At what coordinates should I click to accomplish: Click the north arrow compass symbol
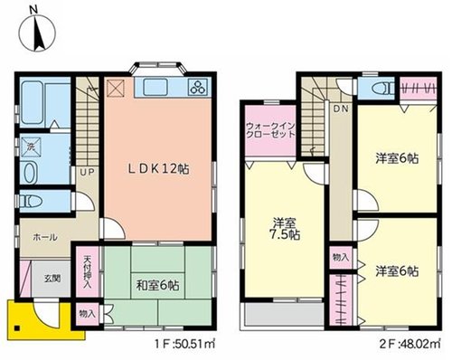click(37, 32)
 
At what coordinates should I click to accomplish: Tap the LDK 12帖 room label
click(158, 169)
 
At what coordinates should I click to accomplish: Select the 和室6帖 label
click(157, 285)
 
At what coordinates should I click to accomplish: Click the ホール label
click(44, 237)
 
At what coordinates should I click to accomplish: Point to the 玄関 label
click(52, 278)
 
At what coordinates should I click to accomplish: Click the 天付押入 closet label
click(88, 271)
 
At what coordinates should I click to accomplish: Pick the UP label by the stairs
click(87, 172)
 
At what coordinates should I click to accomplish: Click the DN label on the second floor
click(341, 109)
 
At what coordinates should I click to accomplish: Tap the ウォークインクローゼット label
click(270, 130)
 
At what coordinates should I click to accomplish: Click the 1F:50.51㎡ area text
click(184, 344)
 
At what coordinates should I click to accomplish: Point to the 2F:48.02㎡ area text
click(410, 344)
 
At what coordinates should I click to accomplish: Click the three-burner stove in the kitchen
click(198, 86)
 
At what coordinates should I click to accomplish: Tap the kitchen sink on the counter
click(155, 87)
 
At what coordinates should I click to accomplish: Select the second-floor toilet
click(382, 89)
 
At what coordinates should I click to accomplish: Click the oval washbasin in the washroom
click(31, 173)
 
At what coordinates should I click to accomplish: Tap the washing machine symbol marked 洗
click(30, 147)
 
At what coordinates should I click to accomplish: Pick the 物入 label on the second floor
click(341, 257)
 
